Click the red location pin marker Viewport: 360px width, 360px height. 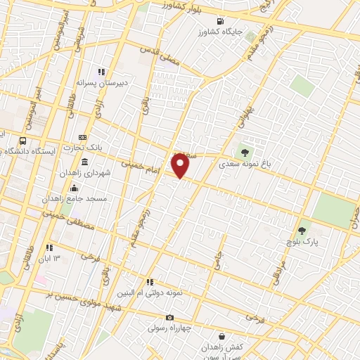(x=181, y=166)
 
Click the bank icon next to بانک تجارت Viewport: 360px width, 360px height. (x=82, y=136)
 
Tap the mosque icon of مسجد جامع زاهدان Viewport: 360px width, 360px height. (x=75, y=188)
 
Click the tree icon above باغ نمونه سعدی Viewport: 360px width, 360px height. (x=245, y=151)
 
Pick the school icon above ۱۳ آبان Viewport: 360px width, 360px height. (x=49, y=247)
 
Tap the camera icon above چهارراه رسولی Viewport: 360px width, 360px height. (x=169, y=316)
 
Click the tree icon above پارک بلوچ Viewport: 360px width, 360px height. (x=302, y=229)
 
